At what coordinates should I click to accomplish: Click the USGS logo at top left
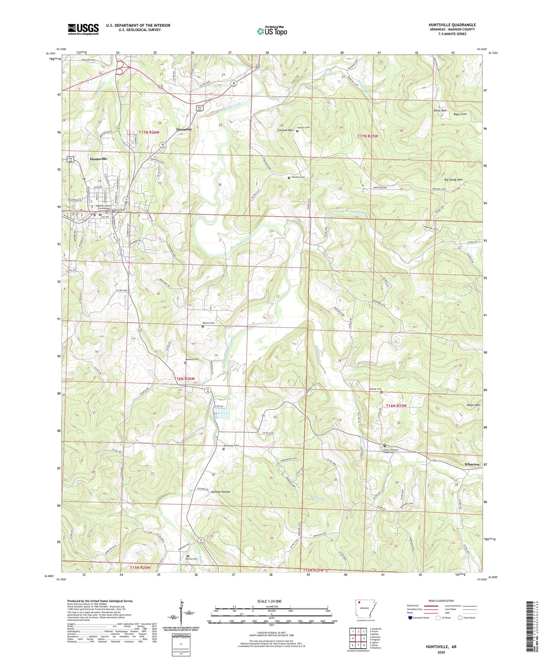pos(83,29)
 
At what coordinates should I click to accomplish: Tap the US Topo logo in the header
pos(272,31)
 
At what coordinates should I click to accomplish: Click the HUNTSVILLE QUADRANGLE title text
pos(452,25)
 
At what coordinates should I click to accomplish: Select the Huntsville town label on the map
pos(98,159)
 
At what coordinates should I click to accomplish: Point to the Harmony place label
pos(184,129)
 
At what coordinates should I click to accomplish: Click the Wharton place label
pos(472,464)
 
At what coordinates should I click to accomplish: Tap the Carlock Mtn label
pos(286,130)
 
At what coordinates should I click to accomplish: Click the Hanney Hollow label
pos(221,492)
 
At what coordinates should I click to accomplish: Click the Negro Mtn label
pos(472,405)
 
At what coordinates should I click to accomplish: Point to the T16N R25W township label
pos(396,406)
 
